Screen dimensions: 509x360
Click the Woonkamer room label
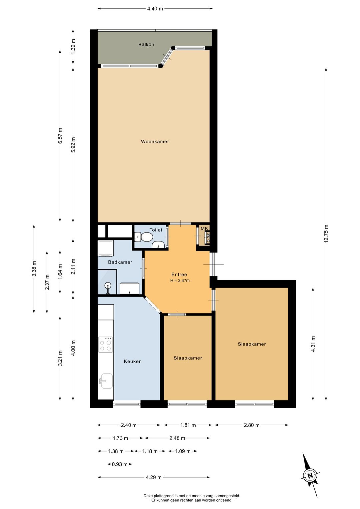click(155, 141)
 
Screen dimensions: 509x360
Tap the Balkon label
click(146, 44)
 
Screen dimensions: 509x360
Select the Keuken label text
click(133, 361)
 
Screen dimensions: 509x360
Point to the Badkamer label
click(120, 262)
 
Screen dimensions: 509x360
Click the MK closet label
click(204, 228)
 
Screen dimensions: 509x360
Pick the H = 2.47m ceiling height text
click(180, 281)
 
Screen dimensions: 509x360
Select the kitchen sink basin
click(106, 381)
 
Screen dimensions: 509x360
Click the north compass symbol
click(310, 475)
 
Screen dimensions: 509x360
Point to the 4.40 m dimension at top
click(155, 9)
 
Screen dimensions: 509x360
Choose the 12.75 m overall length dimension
click(326, 233)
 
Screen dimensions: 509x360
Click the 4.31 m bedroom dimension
click(313, 344)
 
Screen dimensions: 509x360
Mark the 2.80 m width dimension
click(251, 425)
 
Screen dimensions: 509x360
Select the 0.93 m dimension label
click(119, 464)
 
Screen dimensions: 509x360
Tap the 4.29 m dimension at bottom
click(153, 477)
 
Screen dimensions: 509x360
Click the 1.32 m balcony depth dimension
click(73, 46)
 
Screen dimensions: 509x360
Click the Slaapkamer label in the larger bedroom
click(252, 344)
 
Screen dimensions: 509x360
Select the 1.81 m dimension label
click(188, 425)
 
